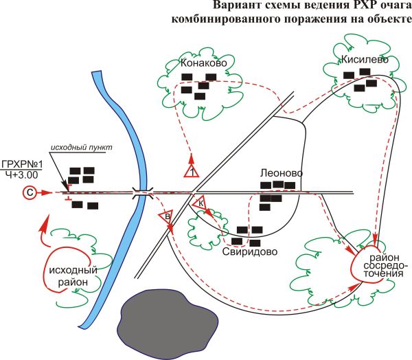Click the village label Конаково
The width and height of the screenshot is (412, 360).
point(204,63)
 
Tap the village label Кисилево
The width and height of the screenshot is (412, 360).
point(356,60)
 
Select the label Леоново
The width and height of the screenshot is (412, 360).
point(281,173)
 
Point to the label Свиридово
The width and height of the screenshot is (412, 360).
point(250,251)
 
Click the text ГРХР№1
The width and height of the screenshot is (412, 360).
point(22,164)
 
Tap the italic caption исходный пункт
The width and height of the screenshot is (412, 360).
point(80,148)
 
